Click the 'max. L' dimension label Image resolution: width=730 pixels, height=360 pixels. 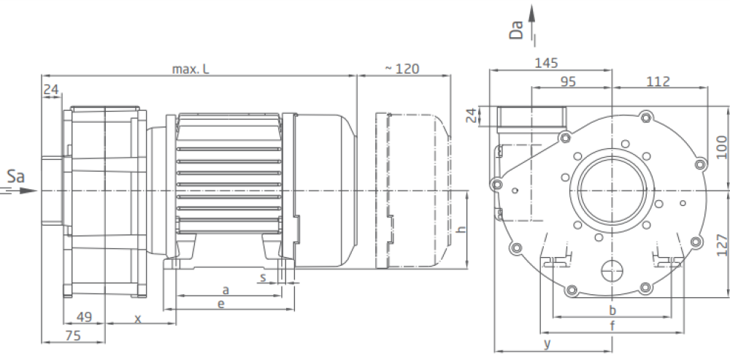coord(191,69)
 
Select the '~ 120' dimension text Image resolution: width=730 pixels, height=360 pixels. coord(401,69)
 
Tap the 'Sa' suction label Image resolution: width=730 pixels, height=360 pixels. coord(15,177)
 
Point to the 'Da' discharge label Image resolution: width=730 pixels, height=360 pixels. coord(517,30)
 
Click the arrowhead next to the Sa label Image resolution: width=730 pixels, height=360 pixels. coord(28,191)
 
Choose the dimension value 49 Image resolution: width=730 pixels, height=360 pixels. coord(84,317)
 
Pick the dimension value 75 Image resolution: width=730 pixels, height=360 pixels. coord(73,335)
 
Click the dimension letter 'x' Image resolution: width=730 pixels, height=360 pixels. coord(138,319)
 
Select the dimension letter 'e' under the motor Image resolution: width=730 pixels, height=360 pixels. coord(221,304)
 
